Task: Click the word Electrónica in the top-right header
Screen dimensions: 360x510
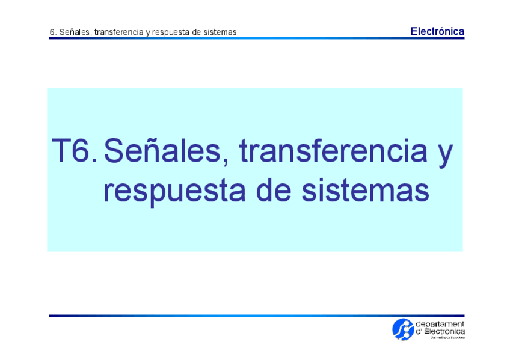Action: (437, 31)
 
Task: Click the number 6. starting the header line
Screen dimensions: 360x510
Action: (53, 32)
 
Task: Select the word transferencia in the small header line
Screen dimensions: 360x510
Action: (118, 32)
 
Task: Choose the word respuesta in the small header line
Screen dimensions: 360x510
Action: (171, 32)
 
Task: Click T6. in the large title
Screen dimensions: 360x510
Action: (73, 151)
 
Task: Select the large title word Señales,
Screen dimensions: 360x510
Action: (166, 151)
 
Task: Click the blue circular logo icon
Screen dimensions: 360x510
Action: (402, 328)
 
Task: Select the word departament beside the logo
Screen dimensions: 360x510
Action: (440, 324)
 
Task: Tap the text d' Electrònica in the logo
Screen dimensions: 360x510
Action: (440, 331)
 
